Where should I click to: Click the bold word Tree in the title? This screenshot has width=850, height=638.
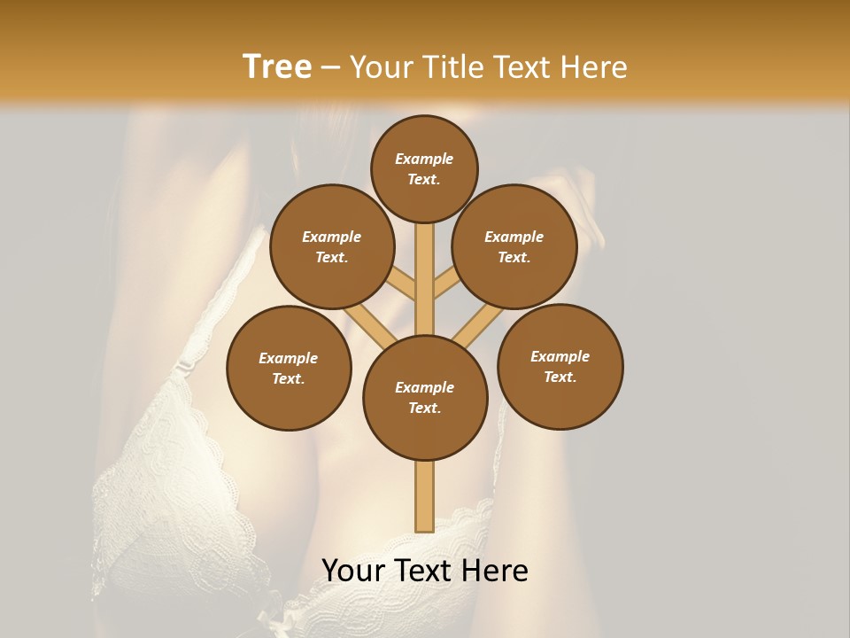click(277, 67)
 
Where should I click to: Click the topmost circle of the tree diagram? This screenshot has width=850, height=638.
click(424, 168)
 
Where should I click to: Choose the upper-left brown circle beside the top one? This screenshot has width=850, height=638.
click(331, 246)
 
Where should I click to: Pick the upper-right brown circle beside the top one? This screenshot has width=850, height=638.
click(514, 246)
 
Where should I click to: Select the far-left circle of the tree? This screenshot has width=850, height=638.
click(289, 368)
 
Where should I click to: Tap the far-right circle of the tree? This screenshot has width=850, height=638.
click(560, 366)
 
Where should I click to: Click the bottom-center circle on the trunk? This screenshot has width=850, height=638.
click(425, 397)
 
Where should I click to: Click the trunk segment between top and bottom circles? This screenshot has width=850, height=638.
click(424, 279)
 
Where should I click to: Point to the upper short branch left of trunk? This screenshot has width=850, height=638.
click(404, 285)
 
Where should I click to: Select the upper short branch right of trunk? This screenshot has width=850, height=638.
click(445, 285)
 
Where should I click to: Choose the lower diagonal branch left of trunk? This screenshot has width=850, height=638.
click(373, 328)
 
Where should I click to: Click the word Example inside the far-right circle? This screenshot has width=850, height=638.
click(560, 356)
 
